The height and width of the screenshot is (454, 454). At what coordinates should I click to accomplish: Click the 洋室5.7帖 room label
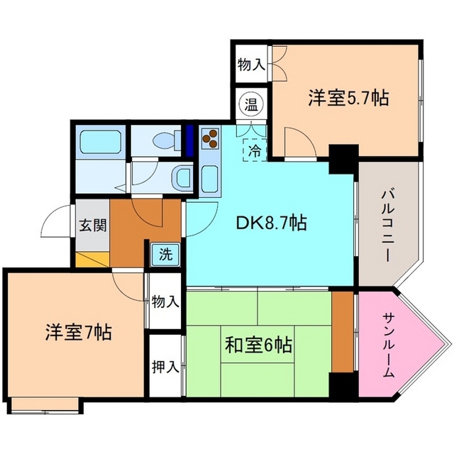coord(348,98)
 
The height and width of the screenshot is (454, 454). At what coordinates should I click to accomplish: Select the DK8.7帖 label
coord(271,223)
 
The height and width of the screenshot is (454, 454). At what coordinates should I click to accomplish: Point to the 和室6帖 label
coord(258,346)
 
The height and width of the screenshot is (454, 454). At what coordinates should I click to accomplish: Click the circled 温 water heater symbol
coord(251,104)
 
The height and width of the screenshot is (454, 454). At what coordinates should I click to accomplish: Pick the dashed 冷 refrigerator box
coord(253,150)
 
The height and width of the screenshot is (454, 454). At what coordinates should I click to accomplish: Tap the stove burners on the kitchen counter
coord(211,140)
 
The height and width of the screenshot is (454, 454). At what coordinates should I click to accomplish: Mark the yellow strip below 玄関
coord(90,260)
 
